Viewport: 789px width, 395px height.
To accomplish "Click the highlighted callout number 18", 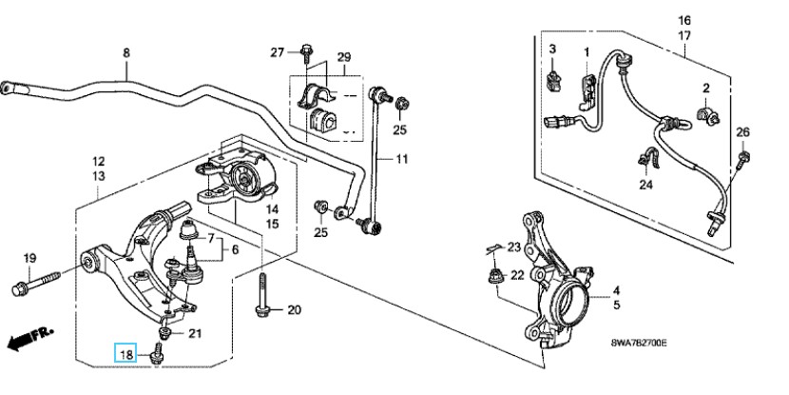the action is (x=125, y=354).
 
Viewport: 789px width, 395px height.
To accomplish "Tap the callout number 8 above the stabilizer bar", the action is (x=126, y=52).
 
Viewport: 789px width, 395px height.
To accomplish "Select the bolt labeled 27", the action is (x=306, y=54).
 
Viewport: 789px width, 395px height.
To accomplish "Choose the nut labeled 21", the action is (x=164, y=332).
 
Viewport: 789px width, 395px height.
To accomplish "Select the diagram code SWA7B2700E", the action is (x=639, y=343).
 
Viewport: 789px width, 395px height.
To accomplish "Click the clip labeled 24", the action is (x=646, y=158).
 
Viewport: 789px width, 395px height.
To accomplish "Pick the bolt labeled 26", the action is (x=742, y=160).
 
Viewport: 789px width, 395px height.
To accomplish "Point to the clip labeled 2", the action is (x=707, y=115).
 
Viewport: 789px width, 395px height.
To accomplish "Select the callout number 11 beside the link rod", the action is (x=401, y=159).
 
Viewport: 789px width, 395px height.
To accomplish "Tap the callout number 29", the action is (x=344, y=57).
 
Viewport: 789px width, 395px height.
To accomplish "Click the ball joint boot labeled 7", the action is (x=187, y=230).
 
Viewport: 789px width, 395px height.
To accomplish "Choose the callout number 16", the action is (x=684, y=21).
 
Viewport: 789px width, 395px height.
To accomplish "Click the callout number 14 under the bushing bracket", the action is (x=272, y=209).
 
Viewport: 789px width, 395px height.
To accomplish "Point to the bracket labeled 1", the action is (x=587, y=91).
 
